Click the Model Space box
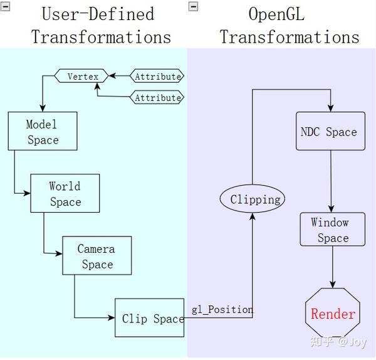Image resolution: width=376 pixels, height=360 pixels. coord(43,132)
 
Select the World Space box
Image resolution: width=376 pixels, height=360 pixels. coord(65,194)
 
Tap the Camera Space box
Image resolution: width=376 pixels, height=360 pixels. coord(97,256)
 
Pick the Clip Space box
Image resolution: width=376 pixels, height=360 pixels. coord(150,318)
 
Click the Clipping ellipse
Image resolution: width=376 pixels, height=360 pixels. coord(253,199)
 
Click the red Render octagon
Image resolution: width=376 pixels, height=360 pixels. coord(333,314)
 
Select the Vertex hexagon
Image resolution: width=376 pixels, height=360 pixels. coord(83,77)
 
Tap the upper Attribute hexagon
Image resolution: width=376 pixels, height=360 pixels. coord(157,77)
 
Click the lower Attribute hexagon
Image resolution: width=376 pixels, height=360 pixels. coord(157,98)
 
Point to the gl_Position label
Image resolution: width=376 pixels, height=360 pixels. coord(222,309)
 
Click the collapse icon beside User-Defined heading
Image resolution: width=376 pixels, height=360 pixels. coord(6,6)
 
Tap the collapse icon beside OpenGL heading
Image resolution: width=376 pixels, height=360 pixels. coord(193,6)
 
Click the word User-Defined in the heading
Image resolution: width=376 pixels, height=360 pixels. coord(97,14)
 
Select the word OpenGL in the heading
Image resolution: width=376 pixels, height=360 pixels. coord(276,14)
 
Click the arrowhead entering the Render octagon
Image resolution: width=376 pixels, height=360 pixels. coord(332,284)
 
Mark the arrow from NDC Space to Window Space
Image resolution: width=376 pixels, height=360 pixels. coord(331,182)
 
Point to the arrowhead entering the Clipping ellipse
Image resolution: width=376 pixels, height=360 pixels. coord(253,216)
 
